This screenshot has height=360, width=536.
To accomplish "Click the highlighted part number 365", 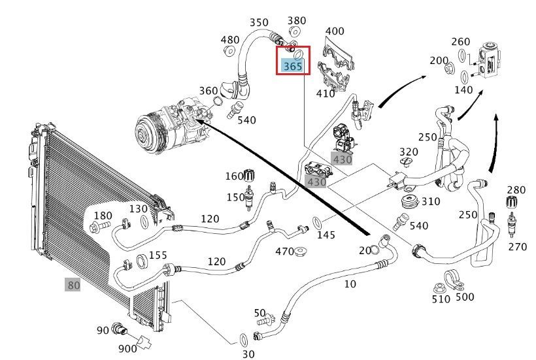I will pyautogui.click(x=292, y=67).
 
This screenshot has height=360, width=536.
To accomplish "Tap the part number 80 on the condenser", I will pyautogui.click(x=73, y=285).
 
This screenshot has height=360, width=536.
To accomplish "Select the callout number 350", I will pyautogui.click(x=259, y=23).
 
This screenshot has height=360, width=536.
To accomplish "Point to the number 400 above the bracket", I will pyautogui.click(x=334, y=31).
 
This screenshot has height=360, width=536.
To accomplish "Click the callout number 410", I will pyautogui.click(x=325, y=93).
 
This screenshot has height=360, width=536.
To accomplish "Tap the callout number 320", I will pyautogui.click(x=409, y=152).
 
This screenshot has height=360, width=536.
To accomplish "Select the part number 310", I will pyautogui.click(x=431, y=201).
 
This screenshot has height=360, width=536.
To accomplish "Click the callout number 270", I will pyautogui.click(x=517, y=247).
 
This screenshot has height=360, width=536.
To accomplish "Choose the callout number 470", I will pyautogui.click(x=284, y=252).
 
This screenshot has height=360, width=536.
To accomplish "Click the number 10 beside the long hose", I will pyautogui.click(x=350, y=284).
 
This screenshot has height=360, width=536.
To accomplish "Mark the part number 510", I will pyautogui.click(x=441, y=299).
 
